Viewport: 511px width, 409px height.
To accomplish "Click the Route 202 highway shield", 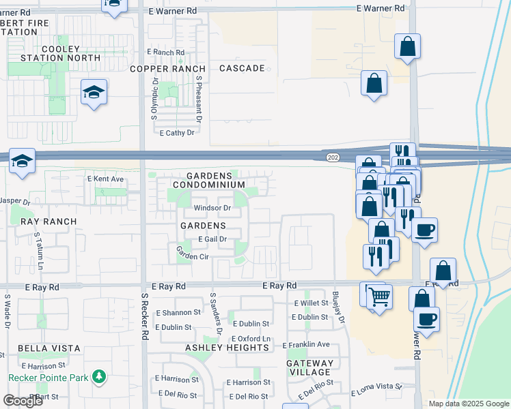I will point(333,158).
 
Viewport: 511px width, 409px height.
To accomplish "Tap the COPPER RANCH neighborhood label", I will point(167,69).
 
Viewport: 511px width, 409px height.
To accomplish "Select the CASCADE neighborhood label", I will point(242,69).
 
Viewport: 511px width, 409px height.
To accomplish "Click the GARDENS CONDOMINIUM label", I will point(208,180).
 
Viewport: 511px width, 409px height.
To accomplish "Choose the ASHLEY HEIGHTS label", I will point(227,348).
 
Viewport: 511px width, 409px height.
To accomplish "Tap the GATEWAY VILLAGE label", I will point(310,367).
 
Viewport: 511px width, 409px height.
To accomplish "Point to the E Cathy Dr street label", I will point(177,133).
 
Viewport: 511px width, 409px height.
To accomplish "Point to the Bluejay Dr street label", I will point(337,309).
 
